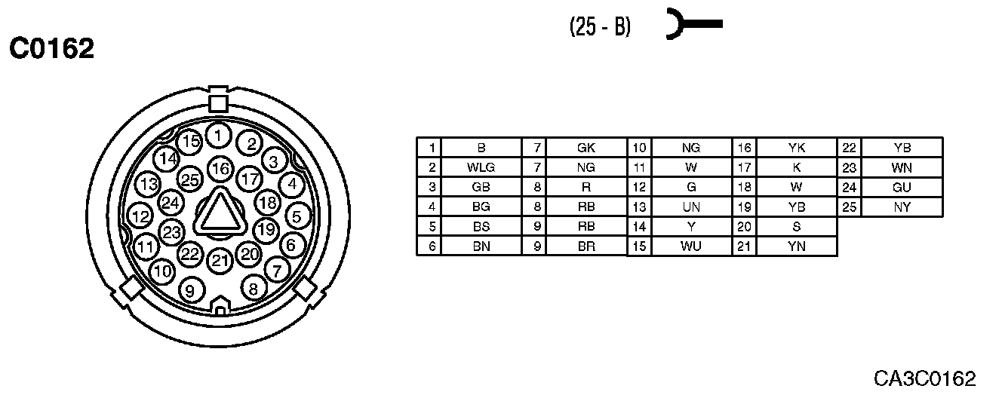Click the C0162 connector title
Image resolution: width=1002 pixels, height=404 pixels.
tap(51, 49)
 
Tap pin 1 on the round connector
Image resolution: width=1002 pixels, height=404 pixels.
tap(218, 136)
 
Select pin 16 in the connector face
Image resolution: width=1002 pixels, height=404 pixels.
tap(220, 168)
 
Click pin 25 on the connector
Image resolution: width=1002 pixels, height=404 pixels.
tap(190, 179)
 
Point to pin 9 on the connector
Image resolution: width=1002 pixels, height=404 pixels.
tap(190, 289)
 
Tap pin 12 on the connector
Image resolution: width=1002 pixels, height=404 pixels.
tap(140, 217)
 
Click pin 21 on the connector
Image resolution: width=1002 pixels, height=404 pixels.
tap(220, 261)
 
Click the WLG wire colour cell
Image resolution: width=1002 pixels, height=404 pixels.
tap(481, 167)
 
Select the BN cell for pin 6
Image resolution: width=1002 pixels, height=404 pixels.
tap(481, 246)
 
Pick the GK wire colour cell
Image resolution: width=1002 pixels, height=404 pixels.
tap(586, 148)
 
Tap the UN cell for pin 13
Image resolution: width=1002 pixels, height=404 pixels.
tap(691, 207)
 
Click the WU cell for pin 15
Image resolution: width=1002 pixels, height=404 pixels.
tap(691, 246)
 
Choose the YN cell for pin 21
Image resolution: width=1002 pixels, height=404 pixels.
tap(796, 246)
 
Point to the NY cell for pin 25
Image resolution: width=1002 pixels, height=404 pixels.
tap(902, 207)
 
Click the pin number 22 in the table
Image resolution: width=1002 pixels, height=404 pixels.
tap(850, 148)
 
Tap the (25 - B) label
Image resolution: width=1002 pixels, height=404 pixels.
tap(600, 27)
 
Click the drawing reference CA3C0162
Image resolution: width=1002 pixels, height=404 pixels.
tap(925, 378)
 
